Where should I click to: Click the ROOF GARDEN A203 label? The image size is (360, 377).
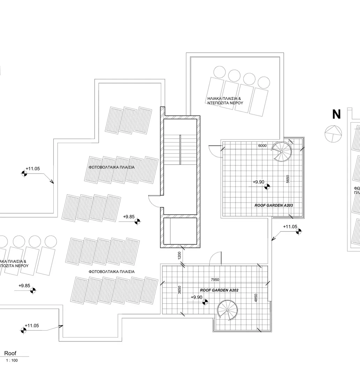(273, 206)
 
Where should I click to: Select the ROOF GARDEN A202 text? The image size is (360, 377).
(219, 290)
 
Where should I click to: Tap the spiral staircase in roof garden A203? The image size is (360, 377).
(282, 150)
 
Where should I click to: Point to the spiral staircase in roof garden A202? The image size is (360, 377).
(227, 310)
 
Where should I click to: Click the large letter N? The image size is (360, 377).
(336, 114)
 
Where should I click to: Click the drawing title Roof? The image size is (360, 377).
(10, 354)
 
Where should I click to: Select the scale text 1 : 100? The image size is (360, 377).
(12, 361)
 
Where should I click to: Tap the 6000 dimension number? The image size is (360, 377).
(262, 146)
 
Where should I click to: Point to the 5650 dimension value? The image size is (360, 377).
(287, 179)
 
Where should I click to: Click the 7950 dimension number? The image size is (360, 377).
(216, 280)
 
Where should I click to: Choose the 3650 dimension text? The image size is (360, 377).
(180, 290)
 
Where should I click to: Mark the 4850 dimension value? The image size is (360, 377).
(256, 298)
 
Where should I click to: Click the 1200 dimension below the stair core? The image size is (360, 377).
(180, 256)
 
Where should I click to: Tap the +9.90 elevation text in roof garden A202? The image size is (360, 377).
(197, 297)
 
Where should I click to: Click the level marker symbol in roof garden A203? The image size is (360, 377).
(268, 186)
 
